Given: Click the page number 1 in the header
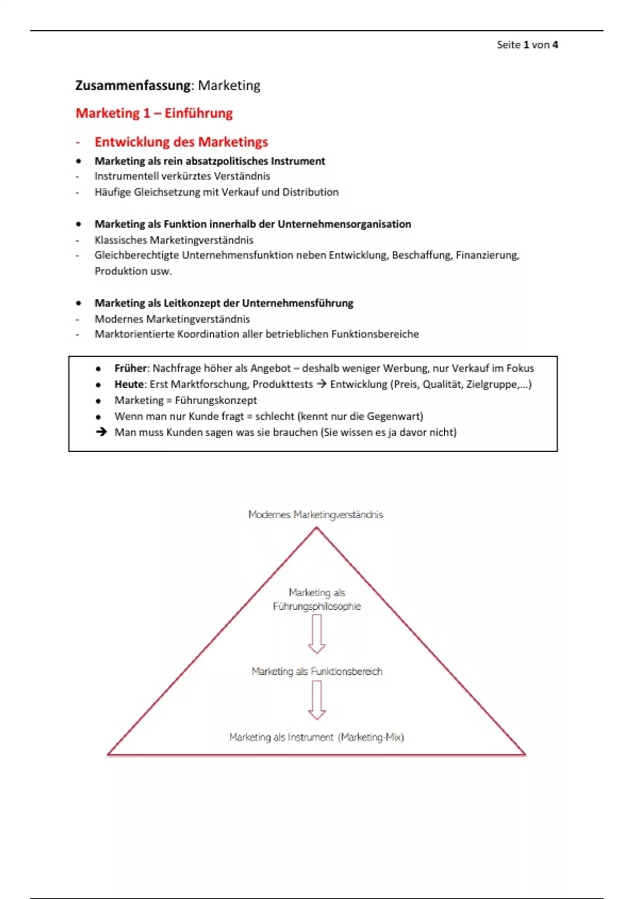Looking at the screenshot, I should [x=526, y=45].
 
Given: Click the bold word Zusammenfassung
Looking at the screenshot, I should [x=133, y=86].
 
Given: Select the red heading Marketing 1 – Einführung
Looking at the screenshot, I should [x=154, y=113].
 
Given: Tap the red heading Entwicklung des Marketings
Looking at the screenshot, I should [x=181, y=142].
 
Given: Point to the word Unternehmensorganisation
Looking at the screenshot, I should [x=344, y=224].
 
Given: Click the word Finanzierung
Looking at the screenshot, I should [x=487, y=255].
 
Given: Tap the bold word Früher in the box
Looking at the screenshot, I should [x=130, y=369].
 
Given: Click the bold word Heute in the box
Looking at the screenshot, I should [x=129, y=384].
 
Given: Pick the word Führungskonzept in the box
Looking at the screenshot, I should [x=216, y=400].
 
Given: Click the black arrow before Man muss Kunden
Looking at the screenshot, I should [x=101, y=432].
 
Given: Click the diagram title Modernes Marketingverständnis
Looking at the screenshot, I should [x=315, y=515].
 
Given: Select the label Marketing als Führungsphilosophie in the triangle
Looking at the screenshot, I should [x=316, y=599].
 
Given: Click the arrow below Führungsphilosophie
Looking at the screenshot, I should [x=316, y=635].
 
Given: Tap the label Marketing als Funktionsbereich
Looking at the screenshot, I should [x=316, y=672].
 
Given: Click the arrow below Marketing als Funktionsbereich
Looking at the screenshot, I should [x=316, y=700].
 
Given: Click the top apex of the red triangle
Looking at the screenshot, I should [x=316, y=528].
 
